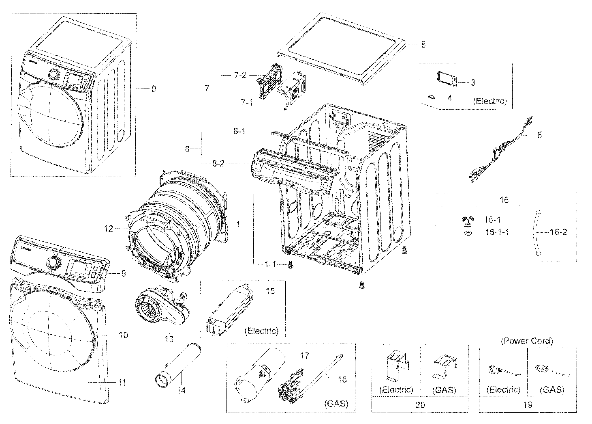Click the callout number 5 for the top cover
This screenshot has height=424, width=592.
point(423,45)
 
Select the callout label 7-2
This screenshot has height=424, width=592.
point(240,76)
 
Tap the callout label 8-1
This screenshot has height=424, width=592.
point(239,131)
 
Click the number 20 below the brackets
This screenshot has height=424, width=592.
point(420,405)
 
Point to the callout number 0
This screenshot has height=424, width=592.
point(154,89)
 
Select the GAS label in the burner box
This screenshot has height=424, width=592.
point(336,404)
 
